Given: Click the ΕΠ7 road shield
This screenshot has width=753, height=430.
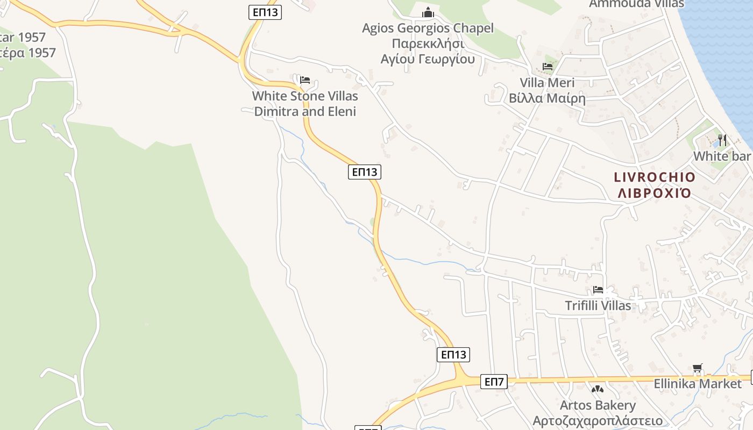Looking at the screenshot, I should coord(494,382).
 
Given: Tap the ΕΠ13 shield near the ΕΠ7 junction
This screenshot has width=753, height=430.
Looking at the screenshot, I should coord(453,355).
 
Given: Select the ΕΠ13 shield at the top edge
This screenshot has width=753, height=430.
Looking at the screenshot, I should coord(265,12).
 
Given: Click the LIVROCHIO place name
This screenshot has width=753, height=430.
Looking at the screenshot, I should coord(655,177).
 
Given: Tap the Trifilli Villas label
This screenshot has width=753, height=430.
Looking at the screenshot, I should coord(598,306).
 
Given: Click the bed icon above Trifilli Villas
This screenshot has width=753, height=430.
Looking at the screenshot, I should coord(598,290).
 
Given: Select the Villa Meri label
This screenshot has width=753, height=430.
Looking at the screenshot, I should coord(547,83).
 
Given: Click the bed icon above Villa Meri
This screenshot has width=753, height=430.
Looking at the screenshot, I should coord(548,67).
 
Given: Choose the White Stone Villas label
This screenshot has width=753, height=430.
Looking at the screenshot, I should coord(305,96).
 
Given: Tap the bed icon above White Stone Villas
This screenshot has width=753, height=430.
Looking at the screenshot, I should coord(305,80).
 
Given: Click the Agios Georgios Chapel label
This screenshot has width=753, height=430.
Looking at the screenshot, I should coord(428,28).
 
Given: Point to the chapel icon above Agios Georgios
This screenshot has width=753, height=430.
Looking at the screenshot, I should coord(428,12).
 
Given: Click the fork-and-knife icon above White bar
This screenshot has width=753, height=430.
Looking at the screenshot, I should coord(722,140).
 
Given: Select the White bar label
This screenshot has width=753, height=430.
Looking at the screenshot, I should coord(722,156).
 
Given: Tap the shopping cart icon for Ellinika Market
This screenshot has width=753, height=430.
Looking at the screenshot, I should coord(698,368).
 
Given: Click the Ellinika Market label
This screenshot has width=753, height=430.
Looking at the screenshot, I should coord(698,384).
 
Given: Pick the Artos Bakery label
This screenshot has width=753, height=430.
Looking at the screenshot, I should coord(598,405).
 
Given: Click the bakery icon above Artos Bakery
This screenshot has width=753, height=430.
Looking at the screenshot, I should coord(597,389).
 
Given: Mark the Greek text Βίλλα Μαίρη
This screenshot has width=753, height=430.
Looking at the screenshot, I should coord(547,98).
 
